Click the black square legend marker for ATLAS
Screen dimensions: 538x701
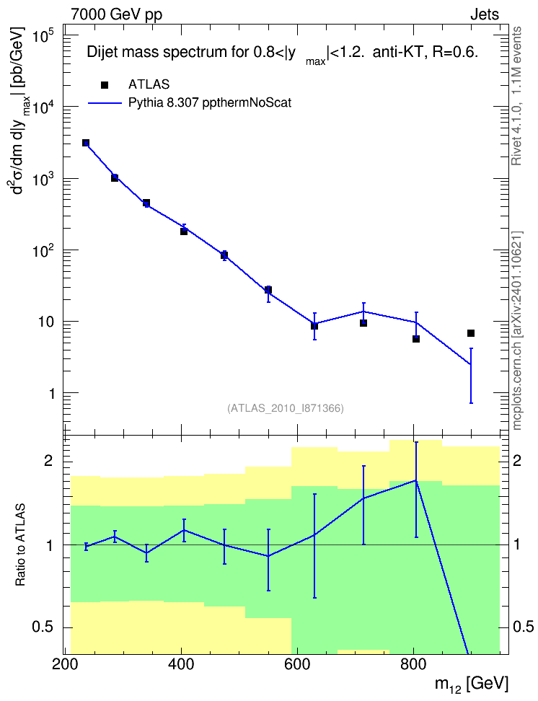pos(104,85)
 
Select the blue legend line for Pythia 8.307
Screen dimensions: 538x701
pos(105,103)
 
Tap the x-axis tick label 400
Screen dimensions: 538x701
pos(181,665)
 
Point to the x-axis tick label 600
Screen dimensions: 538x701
pos(297,665)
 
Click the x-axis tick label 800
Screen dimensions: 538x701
pos(413,665)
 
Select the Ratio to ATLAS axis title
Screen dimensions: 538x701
pos(20,545)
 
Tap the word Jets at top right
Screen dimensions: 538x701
pos(485,14)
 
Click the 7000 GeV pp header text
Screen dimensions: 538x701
pos(116,14)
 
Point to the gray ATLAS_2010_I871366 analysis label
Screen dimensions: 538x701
pos(286,408)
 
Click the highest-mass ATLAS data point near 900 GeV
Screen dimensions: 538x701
pos(471,333)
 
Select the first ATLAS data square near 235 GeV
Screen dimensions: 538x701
pos(86,143)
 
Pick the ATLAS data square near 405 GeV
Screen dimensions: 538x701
pos(184,231)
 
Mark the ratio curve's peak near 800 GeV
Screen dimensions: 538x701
pos(416,480)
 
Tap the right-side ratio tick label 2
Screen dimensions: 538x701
pos(517,461)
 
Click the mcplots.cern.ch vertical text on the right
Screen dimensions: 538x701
pos(517,331)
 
